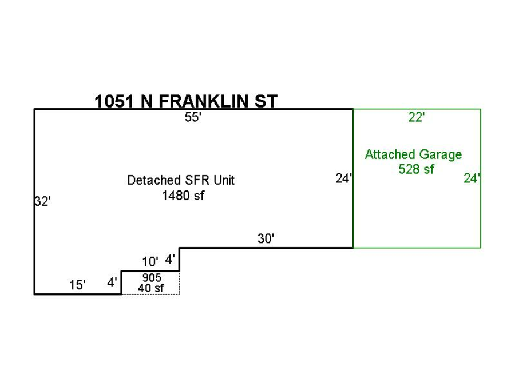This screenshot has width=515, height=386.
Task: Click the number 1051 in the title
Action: (114, 101)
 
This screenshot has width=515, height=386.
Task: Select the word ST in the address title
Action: (266, 101)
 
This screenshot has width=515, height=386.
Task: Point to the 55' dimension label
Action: (193, 117)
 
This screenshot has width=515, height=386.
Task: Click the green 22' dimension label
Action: (416, 117)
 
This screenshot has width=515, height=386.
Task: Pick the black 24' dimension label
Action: (343, 178)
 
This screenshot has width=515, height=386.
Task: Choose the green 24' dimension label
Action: (472, 178)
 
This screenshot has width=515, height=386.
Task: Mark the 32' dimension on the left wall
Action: (43, 201)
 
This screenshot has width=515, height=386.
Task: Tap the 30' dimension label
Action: (266, 238)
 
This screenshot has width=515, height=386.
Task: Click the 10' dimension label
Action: (150, 262)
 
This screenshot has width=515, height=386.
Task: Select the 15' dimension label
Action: (77, 285)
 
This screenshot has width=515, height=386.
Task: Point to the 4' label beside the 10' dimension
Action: (170, 260)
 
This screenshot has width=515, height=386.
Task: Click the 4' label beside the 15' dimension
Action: (112, 282)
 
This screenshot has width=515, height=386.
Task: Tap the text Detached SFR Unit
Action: (181, 180)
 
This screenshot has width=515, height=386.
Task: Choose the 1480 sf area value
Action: (183, 196)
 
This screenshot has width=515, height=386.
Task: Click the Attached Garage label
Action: (414, 154)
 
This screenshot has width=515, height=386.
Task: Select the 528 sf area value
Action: (416, 169)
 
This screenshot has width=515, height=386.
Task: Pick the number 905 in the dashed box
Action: (152, 278)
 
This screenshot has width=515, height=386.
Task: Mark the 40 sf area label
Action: (151, 288)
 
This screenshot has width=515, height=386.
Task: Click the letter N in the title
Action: (146, 101)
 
